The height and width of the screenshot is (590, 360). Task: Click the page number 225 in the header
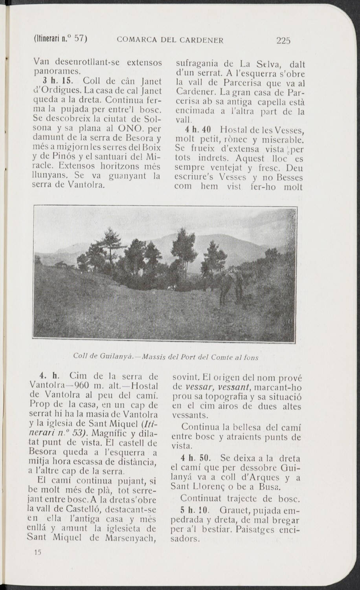[283, 40]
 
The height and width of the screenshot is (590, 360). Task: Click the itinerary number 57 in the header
[79, 38]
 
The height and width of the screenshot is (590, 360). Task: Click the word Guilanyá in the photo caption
[114, 357]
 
